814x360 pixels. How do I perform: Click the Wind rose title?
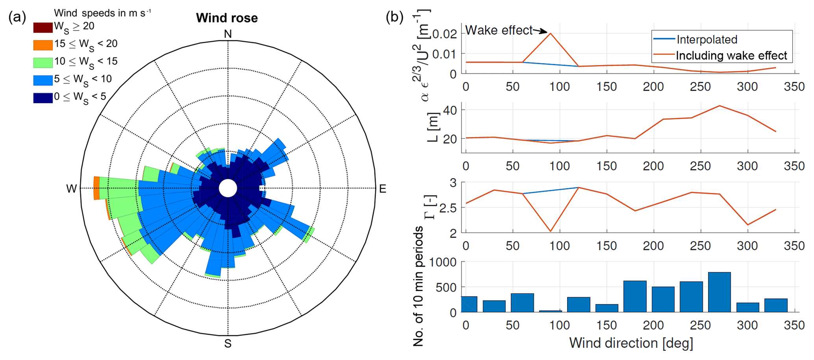(227, 18)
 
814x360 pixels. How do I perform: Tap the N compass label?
(228, 34)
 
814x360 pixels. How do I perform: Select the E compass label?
(382, 189)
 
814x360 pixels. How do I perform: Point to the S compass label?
(228, 343)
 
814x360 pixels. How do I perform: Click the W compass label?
(71, 189)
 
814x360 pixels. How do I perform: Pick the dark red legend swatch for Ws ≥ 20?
(43, 28)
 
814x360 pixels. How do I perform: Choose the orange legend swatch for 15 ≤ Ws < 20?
(43, 45)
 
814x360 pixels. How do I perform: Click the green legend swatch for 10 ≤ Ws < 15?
(43, 63)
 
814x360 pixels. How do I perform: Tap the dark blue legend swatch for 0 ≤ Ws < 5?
(43, 98)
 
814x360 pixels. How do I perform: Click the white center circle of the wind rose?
(228, 188)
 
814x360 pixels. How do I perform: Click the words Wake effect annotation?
(499, 30)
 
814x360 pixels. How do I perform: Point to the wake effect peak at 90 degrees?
(551, 33)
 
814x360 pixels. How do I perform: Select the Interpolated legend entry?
(706, 39)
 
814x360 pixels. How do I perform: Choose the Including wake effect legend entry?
(731, 56)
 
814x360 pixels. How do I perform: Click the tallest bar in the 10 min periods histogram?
(719, 292)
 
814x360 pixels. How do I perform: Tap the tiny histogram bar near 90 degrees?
(551, 311)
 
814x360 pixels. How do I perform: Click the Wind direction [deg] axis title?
(631, 343)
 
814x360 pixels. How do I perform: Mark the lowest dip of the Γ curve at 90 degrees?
(551, 231)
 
